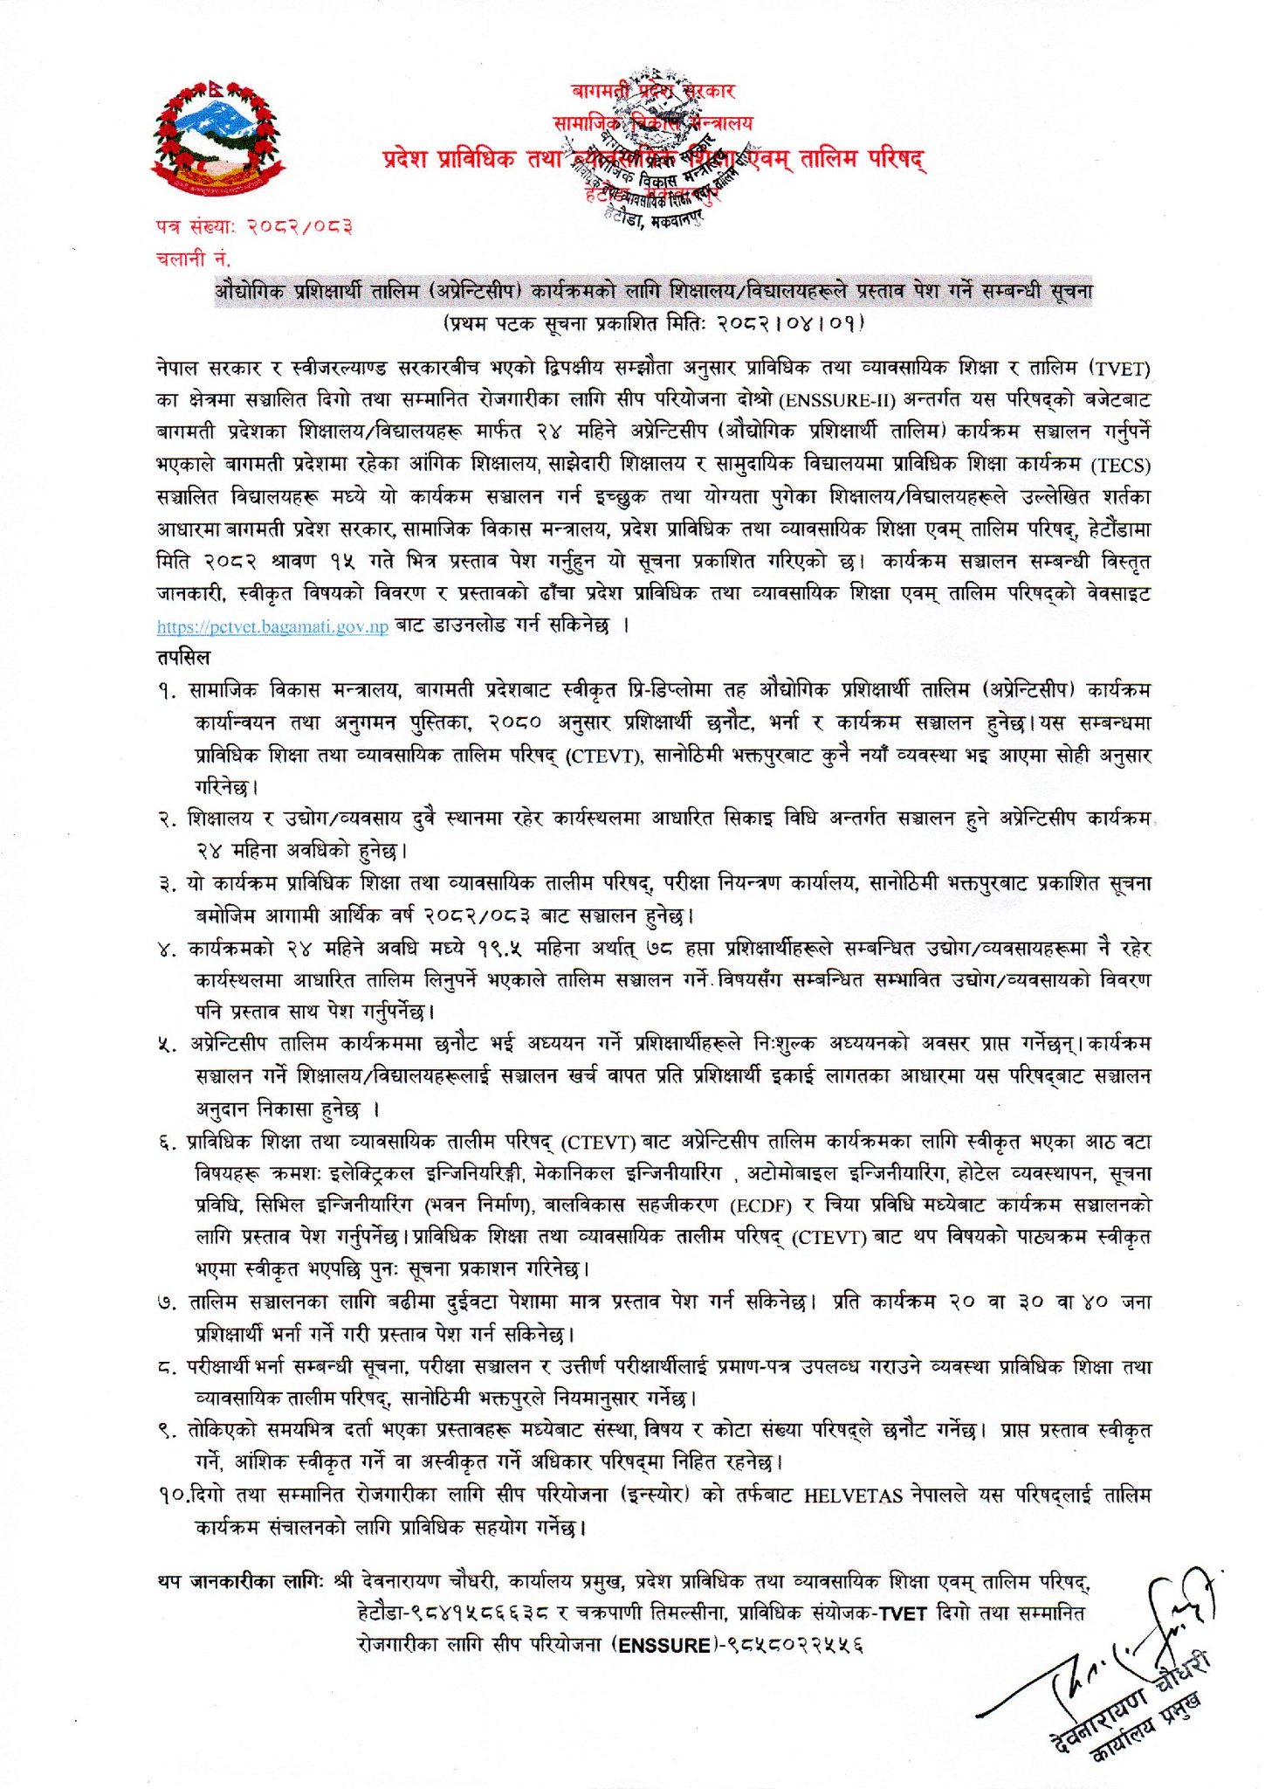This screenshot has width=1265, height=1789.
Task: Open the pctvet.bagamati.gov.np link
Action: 272,626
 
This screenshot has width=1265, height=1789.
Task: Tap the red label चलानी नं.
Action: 193,259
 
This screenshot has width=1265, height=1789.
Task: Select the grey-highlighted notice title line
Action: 654,291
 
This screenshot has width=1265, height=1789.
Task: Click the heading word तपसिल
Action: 183,657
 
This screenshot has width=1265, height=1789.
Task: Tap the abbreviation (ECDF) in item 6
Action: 760,1206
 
